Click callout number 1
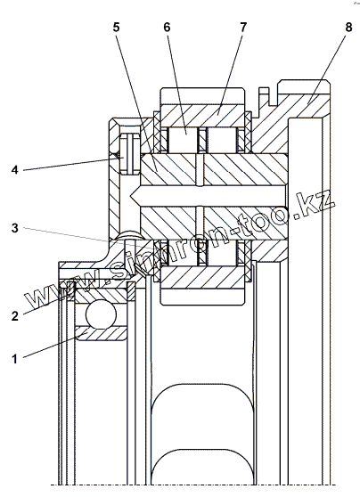pos(14,359)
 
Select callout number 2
pos(15,316)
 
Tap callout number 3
pos(15,228)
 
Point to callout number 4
pos(15,170)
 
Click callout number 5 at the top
pos(117,28)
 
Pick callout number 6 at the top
pos(167,28)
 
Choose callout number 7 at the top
pos(243,28)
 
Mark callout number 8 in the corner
pos(348,28)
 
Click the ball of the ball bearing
pos(101,314)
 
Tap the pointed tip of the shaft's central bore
pos(131,196)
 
